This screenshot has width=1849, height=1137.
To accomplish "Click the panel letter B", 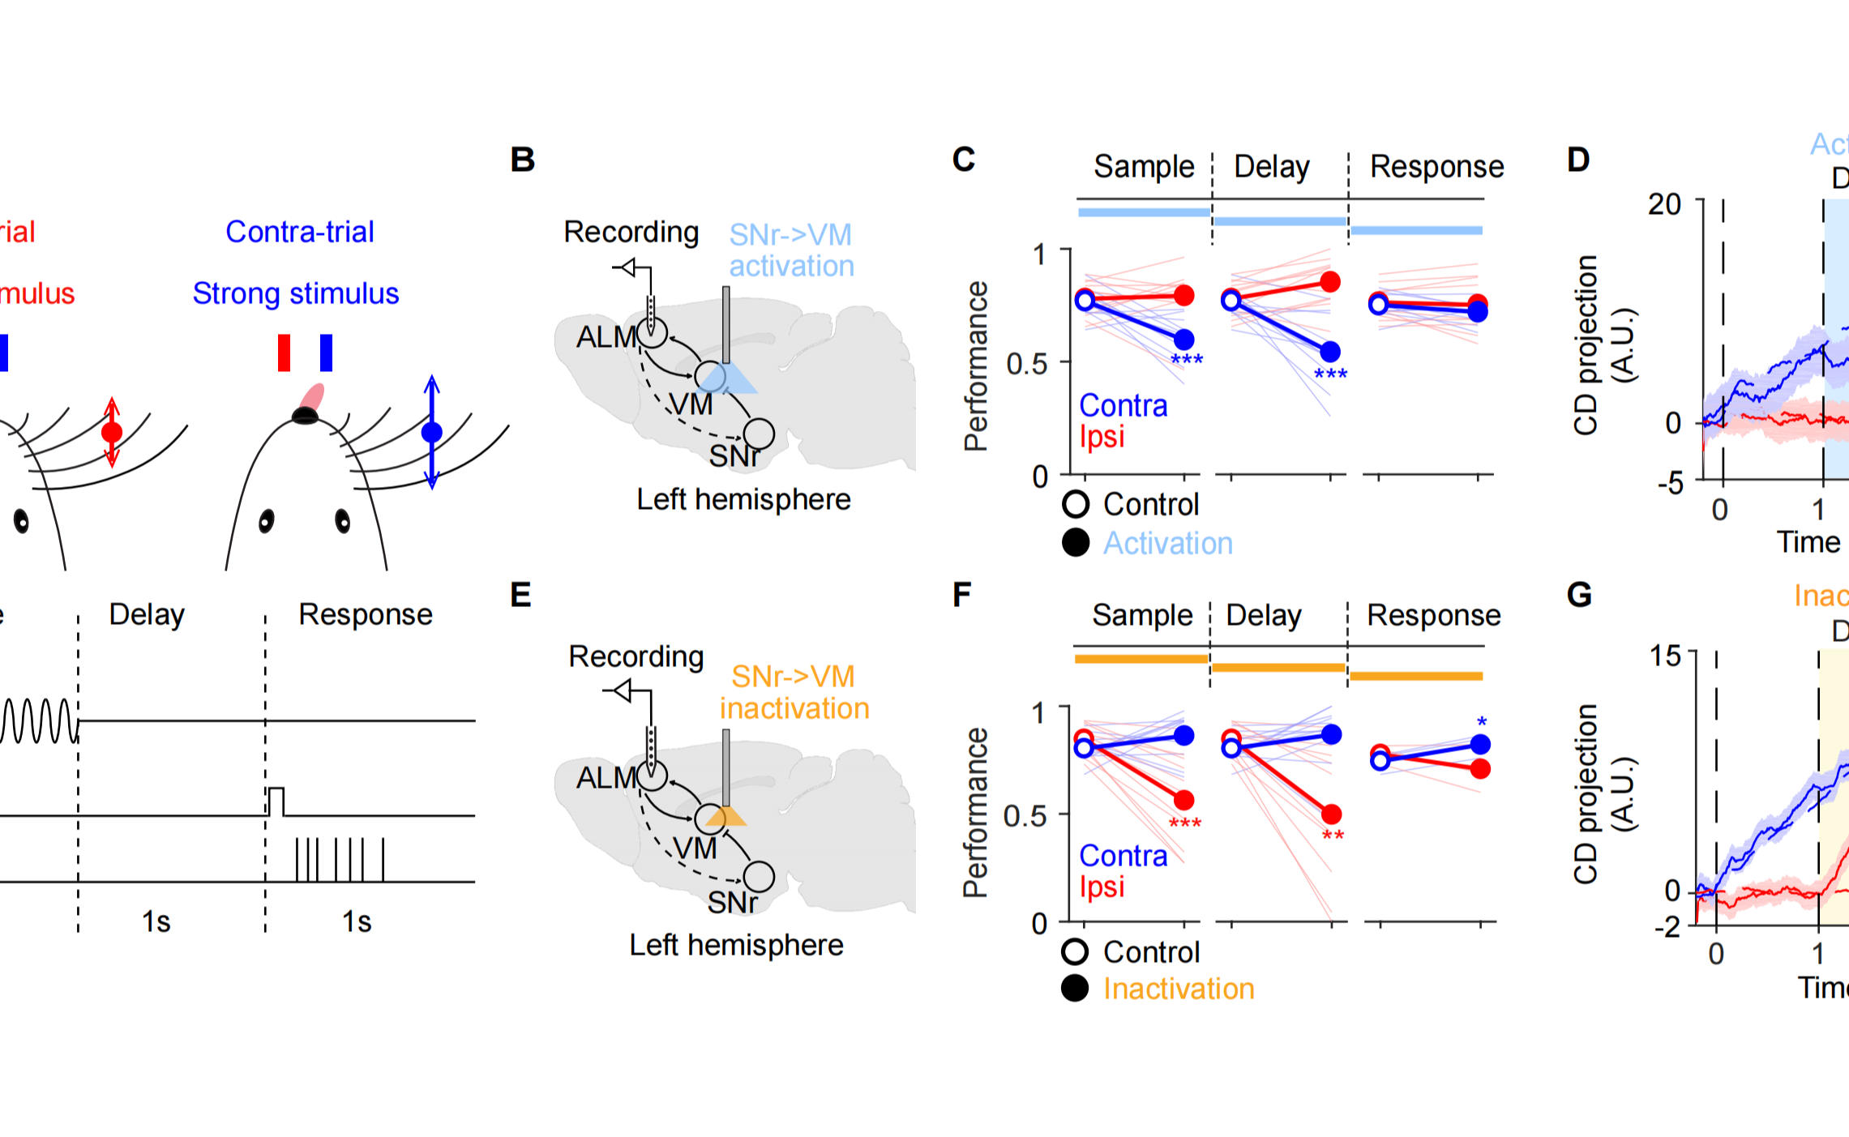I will click(523, 160).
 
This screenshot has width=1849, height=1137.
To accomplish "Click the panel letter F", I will click(961, 596).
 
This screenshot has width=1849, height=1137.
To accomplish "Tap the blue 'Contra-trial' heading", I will click(299, 232).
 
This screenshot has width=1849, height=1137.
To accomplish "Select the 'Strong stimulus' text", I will click(295, 293).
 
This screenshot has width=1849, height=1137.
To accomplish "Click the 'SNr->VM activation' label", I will click(791, 250).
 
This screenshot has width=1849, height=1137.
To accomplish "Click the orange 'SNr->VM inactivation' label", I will click(794, 692).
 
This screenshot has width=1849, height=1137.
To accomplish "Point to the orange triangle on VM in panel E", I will click(726, 817).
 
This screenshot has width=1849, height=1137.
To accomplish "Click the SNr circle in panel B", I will click(759, 434).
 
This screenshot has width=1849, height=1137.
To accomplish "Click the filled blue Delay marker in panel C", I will click(1330, 352).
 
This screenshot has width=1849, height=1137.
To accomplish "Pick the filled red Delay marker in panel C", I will click(1330, 282).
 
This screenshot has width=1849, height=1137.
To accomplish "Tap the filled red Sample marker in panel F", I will click(1184, 801).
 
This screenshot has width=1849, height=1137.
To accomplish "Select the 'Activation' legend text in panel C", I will click(1167, 543).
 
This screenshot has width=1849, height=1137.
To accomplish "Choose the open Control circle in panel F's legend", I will click(1076, 952).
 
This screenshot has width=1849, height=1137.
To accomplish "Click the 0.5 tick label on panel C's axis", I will click(1026, 364).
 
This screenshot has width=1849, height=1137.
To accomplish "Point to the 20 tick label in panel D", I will click(1664, 204).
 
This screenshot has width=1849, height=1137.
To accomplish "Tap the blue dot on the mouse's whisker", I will click(432, 432).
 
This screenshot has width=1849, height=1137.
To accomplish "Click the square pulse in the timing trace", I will click(276, 801).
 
